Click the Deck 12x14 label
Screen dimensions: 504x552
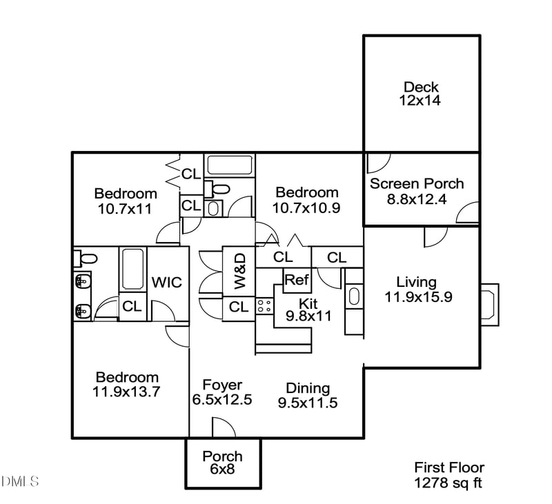pyautogui.click(x=422, y=94)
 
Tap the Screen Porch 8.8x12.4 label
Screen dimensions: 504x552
pyautogui.click(x=417, y=191)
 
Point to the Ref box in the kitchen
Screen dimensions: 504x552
pyautogui.click(x=297, y=280)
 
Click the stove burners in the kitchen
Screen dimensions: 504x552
pyautogui.click(x=264, y=306)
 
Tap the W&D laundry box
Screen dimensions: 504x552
pyautogui.click(x=239, y=271)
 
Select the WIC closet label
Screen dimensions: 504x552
pyautogui.click(x=166, y=283)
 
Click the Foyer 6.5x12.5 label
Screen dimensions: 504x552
pyautogui.click(x=221, y=393)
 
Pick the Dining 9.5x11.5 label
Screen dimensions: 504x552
pyautogui.click(x=308, y=396)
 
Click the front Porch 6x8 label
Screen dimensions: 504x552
pyautogui.click(x=222, y=463)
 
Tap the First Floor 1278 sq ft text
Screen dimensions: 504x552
pyautogui.click(x=448, y=474)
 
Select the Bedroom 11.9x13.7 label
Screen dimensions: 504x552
pyautogui.click(x=126, y=385)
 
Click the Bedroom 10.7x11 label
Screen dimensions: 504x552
pyautogui.click(x=125, y=201)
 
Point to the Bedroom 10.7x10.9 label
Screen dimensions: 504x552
pyautogui.click(x=306, y=200)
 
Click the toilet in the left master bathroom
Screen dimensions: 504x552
pyautogui.click(x=86, y=259)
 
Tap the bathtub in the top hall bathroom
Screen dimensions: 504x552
pyautogui.click(x=230, y=165)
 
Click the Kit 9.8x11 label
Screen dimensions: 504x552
pyautogui.click(x=308, y=310)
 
